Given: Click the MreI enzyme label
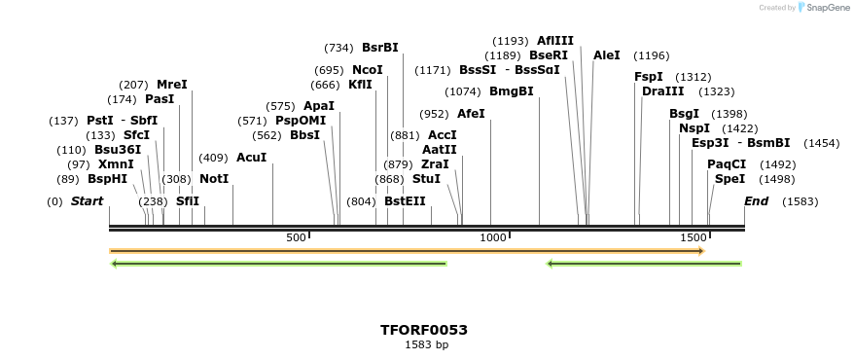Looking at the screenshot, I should click(172, 85).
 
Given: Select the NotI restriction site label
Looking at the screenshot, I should click(214, 179).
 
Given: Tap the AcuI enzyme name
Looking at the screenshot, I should click(251, 157).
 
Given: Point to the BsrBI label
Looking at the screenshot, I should click(379, 47).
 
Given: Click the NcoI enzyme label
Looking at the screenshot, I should click(368, 70).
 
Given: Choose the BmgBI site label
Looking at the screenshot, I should click(512, 91).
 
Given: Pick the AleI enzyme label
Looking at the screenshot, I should click(606, 55).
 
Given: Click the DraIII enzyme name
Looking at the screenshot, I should click(662, 91).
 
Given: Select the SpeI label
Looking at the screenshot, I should click(729, 179).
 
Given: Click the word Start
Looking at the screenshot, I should click(87, 201).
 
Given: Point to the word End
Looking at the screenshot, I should click(757, 201).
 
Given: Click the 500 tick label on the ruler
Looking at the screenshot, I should click(297, 237).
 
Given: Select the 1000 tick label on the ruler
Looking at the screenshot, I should click(493, 237).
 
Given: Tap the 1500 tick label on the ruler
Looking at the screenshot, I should click(693, 237).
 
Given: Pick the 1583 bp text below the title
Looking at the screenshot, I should click(426, 344).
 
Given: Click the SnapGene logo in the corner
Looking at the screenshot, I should click(824, 8).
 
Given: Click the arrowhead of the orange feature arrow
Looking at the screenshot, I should click(700, 251).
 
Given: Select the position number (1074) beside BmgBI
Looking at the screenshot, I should click(463, 91).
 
